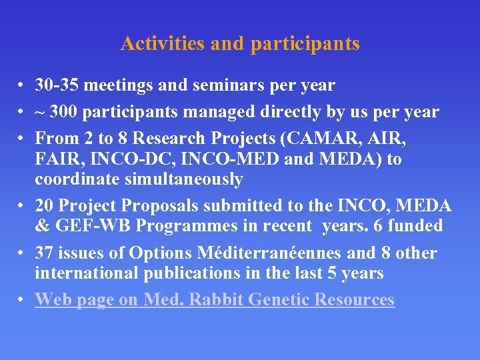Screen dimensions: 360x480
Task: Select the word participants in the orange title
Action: (x=305, y=45)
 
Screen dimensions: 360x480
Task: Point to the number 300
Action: (x=69, y=112)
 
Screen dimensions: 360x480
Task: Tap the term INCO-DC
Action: (x=122, y=159)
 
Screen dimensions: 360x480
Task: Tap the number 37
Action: (x=46, y=253)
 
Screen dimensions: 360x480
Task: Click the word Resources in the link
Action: (x=354, y=300)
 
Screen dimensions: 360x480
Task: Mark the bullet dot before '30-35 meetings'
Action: (x=23, y=86)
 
